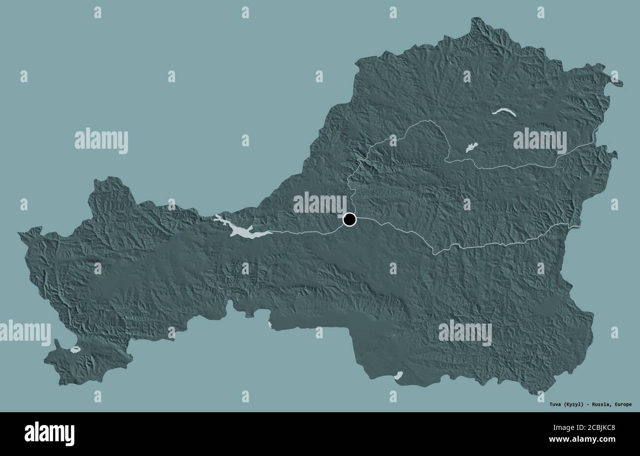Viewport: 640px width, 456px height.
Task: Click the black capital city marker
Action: pos(350,219)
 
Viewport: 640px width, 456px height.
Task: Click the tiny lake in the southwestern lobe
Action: pos(75,351)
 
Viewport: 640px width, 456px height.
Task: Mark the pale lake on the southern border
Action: pos(399,376)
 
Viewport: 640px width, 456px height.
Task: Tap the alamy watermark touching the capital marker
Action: pos(320,203)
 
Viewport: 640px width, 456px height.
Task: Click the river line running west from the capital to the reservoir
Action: pos(305,231)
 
